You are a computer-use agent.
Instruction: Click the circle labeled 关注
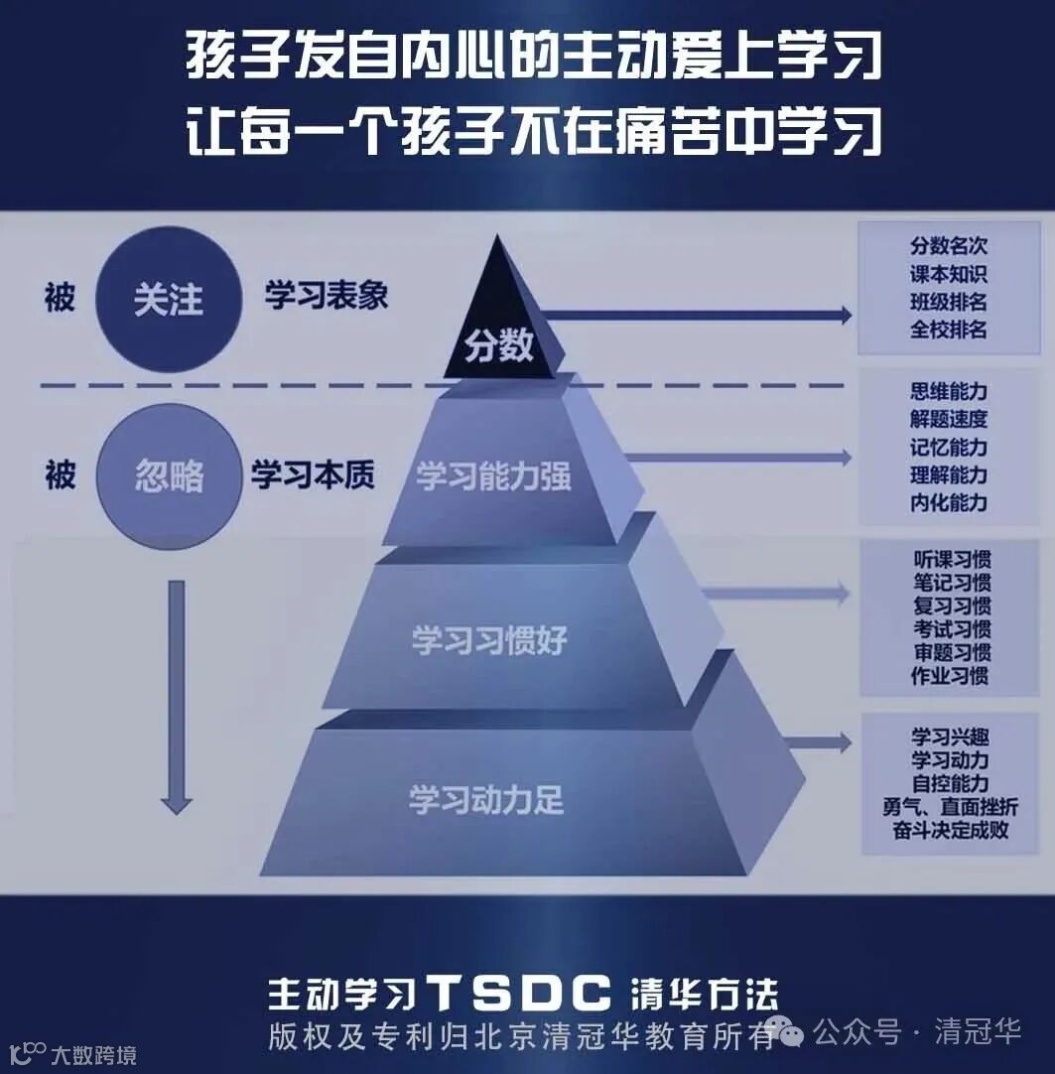[x=170, y=299]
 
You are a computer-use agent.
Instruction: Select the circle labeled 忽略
[x=169, y=475]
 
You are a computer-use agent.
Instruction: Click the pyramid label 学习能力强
[x=493, y=476]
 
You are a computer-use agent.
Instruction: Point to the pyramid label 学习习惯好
[x=489, y=640]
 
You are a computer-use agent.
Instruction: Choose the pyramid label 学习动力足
[x=486, y=800]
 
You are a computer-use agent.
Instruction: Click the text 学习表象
[x=326, y=296]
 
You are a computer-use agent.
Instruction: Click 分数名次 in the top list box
[x=949, y=246]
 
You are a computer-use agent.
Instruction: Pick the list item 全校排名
[x=949, y=329]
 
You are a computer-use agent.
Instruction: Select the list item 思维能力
[x=949, y=391]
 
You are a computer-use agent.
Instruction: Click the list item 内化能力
[x=949, y=502]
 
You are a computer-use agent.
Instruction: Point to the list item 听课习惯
[x=952, y=558]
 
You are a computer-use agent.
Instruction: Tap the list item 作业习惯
[x=950, y=677]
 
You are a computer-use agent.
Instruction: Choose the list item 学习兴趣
[x=950, y=737]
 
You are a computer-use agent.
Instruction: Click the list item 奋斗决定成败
[x=950, y=830]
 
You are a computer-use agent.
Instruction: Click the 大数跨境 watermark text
[x=94, y=1055]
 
